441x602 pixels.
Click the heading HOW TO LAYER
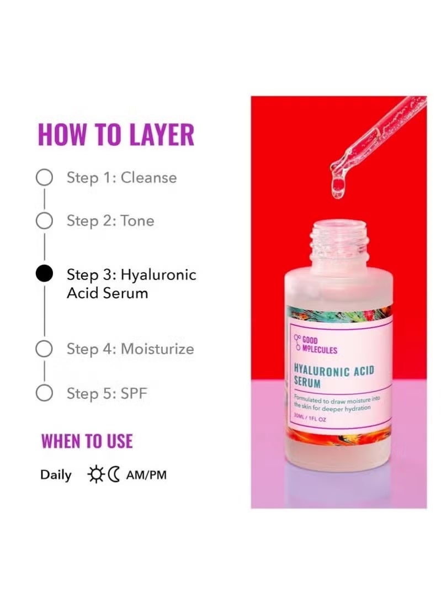pos(116,134)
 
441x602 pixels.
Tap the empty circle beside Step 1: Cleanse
pos(44,177)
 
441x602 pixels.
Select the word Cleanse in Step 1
pos(149,177)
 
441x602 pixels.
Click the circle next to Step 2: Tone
pos(44,221)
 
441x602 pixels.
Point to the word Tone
pos(137,221)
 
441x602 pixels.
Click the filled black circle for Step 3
pos(44,274)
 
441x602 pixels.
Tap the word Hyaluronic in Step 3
pos(158,275)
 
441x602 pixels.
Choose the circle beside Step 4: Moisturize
pos(44,349)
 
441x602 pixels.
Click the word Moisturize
pos(157,349)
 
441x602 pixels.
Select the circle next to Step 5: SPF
pos(44,393)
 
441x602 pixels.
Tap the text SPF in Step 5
pos(134,394)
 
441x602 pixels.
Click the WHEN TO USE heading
pos(87,441)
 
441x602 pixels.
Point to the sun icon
pos(96,474)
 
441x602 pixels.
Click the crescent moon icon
pos(114,474)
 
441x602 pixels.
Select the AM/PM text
pos(146,475)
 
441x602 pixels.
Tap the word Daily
pos(56,476)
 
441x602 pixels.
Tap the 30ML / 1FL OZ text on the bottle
pos(310,418)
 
